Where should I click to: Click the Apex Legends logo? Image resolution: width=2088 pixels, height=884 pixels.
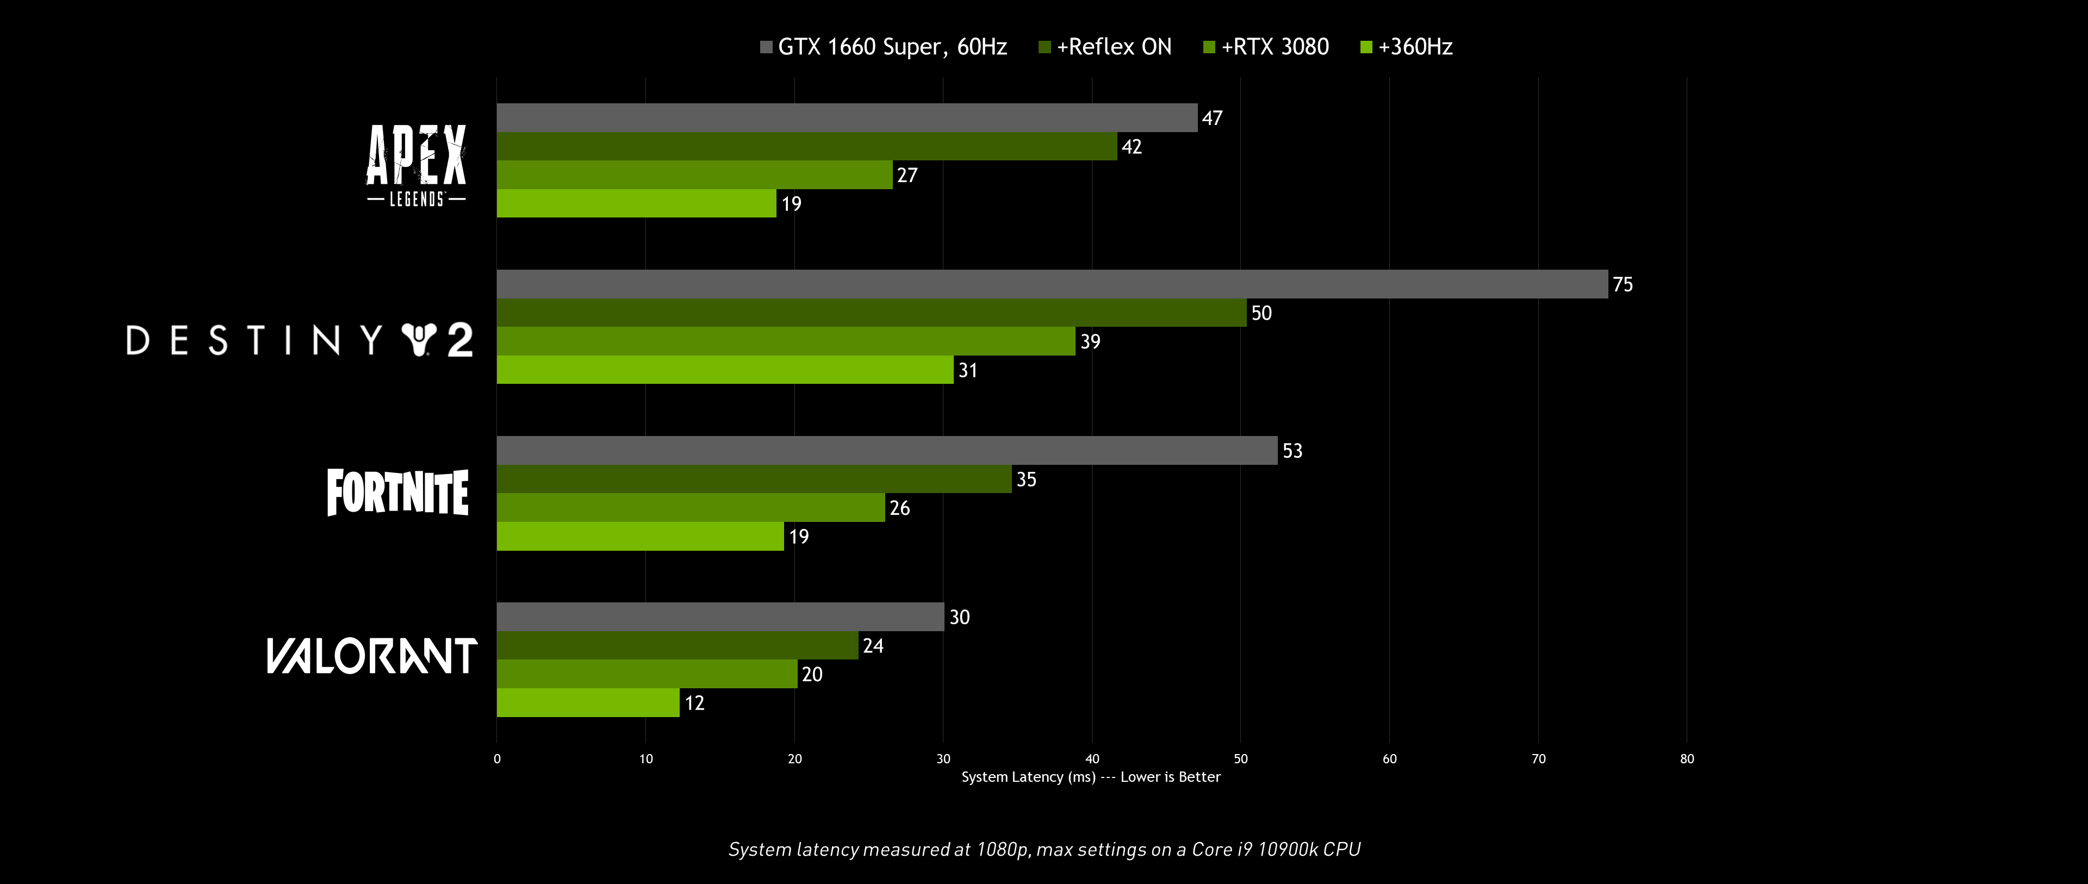pos(416,165)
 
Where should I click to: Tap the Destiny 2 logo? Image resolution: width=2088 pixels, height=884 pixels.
pos(299,340)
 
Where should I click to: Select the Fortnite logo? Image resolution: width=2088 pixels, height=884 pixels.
pos(397,492)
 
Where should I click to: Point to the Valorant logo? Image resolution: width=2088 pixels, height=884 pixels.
pos(372,656)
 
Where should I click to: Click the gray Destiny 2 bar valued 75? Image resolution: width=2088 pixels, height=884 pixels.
pos(1051,284)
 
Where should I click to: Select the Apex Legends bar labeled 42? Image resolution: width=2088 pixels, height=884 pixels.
pos(806,146)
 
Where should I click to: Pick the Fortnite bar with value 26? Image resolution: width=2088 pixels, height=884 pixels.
pos(691,507)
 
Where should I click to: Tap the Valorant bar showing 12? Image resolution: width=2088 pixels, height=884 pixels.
pos(588,702)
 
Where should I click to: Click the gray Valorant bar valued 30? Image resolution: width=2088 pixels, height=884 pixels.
pos(720,617)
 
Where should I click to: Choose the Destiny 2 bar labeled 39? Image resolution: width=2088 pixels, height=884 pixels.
pos(785,341)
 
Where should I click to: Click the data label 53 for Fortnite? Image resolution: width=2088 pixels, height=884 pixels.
pos(1292,451)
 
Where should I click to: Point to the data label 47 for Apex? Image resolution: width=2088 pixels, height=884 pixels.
pos(1212,119)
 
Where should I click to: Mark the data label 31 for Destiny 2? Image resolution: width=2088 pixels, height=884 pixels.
pos(968,370)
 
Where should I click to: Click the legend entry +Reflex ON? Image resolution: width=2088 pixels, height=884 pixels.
pos(1105,47)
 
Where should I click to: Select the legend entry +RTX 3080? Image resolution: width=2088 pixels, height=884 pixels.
pos(1266,47)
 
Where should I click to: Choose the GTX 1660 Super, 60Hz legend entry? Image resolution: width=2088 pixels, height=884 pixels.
pos(884,47)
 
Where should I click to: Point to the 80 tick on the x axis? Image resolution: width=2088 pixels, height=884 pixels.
pos(1687,758)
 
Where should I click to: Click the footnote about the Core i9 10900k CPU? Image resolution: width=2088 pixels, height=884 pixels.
pos(1044,849)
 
